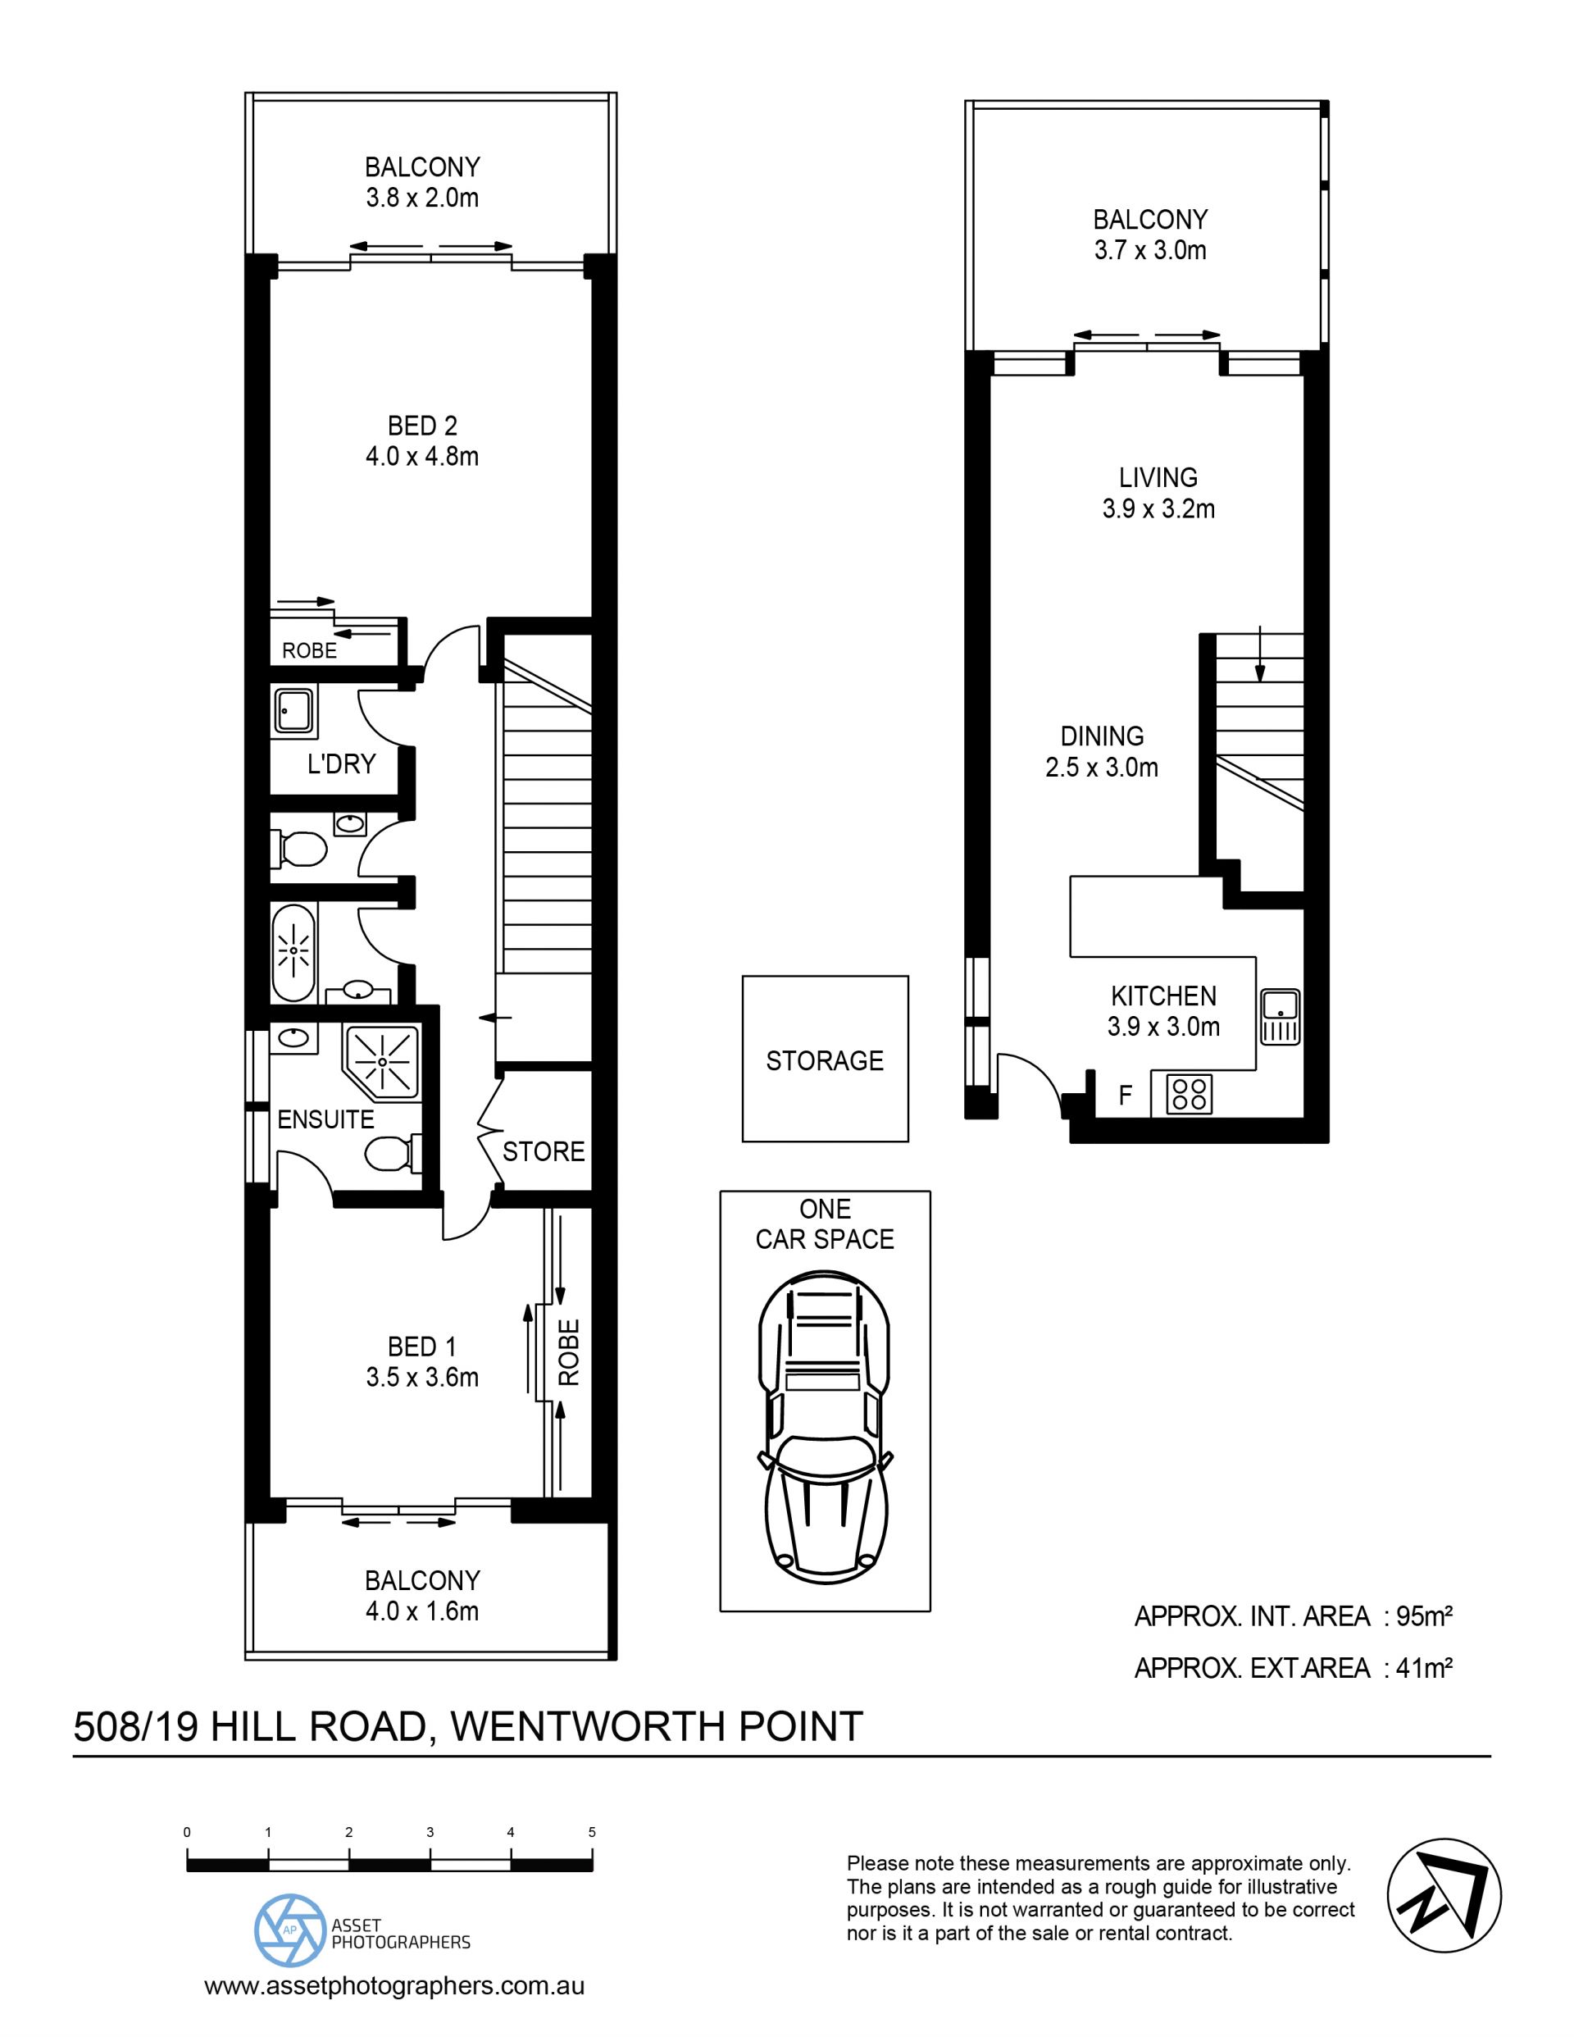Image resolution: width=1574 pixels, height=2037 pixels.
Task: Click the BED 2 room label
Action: [x=422, y=426]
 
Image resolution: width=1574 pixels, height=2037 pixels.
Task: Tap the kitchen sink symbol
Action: [x=1281, y=1016]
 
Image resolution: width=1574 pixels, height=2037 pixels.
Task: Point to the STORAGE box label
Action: [x=824, y=1060]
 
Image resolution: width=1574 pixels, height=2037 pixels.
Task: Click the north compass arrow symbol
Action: [x=1444, y=1895]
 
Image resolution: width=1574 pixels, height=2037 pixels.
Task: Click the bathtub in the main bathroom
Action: [x=293, y=950]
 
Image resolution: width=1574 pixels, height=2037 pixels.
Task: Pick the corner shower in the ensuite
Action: [x=383, y=1062]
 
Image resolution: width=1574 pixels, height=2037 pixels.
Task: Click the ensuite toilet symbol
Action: [x=393, y=1154]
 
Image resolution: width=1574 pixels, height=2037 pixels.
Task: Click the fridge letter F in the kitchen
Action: [x=1126, y=1095]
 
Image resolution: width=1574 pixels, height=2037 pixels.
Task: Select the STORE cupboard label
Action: [x=544, y=1151]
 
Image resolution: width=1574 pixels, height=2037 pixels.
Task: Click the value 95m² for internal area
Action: [x=1425, y=1616]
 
